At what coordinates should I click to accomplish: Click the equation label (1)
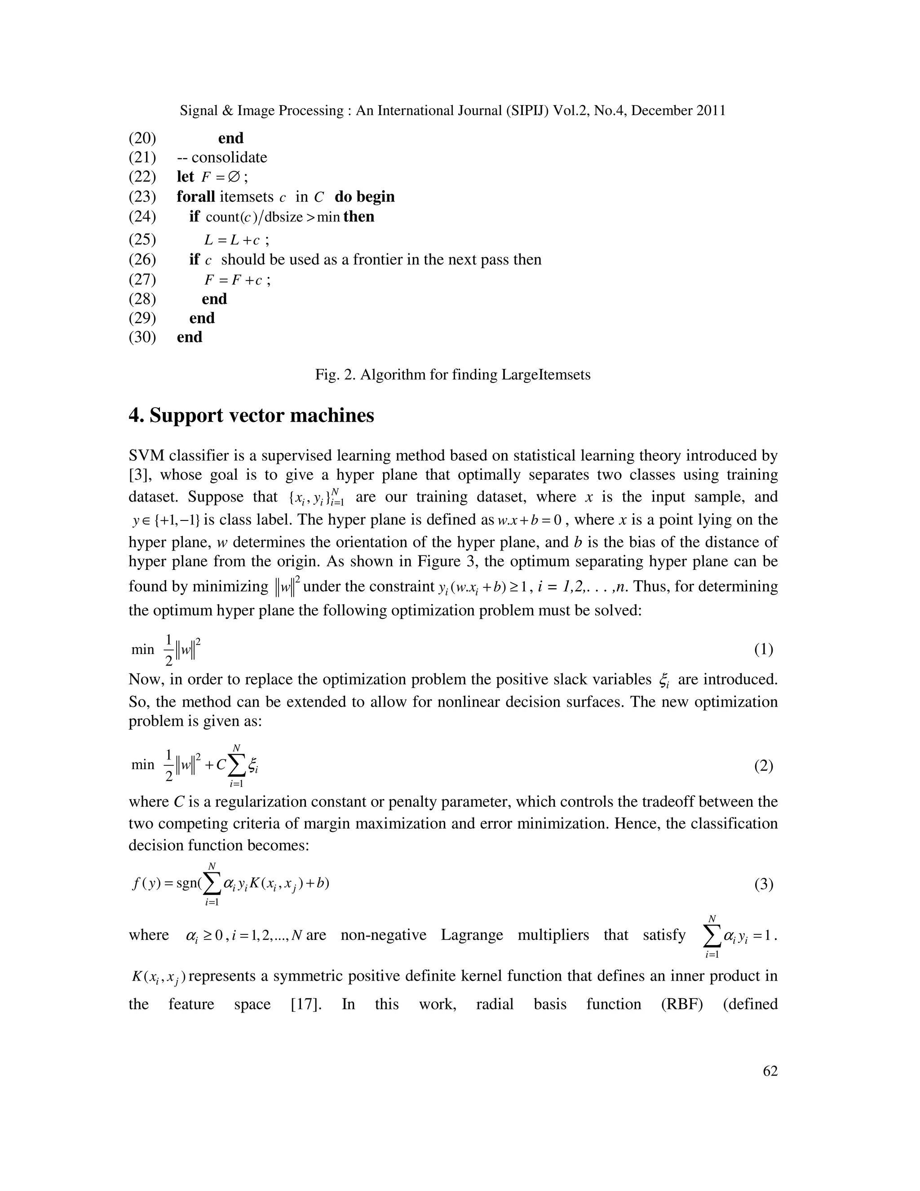point(764,649)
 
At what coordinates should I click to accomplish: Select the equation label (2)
point(764,766)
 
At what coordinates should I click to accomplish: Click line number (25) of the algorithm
point(142,240)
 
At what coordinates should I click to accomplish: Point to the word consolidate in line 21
point(230,158)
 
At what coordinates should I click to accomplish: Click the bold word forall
point(196,196)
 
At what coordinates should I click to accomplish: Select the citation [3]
point(140,475)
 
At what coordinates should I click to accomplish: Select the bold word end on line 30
point(190,337)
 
